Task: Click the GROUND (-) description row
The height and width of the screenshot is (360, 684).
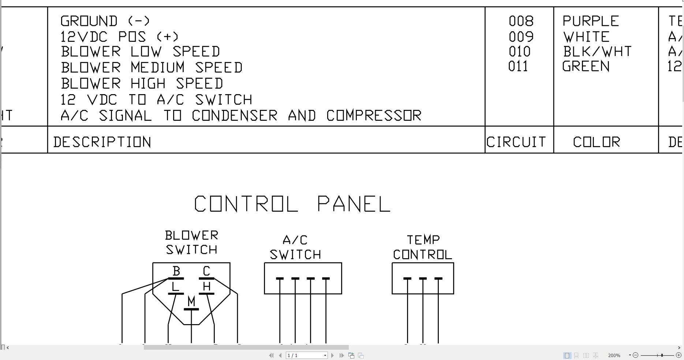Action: (105, 21)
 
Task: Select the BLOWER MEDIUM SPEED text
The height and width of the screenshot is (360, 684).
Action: (152, 68)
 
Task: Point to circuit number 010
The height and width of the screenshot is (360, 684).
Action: (519, 52)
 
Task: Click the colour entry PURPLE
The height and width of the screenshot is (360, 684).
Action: (590, 21)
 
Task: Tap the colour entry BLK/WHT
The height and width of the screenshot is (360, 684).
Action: (597, 52)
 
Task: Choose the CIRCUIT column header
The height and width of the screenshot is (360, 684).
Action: (516, 142)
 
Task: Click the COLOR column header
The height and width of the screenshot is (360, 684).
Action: (597, 142)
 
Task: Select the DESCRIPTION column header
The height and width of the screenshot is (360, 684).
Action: (102, 142)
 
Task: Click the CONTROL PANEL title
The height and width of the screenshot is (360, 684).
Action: (292, 204)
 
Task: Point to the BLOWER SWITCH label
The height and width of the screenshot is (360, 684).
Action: (191, 242)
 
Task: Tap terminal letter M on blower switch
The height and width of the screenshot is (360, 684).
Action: (191, 301)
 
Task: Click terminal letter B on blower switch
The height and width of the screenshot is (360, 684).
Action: (176, 271)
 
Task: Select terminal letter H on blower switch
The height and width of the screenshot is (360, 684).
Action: (206, 286)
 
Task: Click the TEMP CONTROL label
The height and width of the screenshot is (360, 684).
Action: (423, 247)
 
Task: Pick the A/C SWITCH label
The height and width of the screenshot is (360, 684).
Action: (295, 247)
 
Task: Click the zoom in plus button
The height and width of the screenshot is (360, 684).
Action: (678, 355)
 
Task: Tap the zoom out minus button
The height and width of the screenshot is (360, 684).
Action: (635, 355)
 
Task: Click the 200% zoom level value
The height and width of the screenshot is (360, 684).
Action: (614, 356)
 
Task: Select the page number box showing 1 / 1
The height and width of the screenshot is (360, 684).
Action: (304, 356)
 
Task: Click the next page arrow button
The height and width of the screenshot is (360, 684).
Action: (332, 355)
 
